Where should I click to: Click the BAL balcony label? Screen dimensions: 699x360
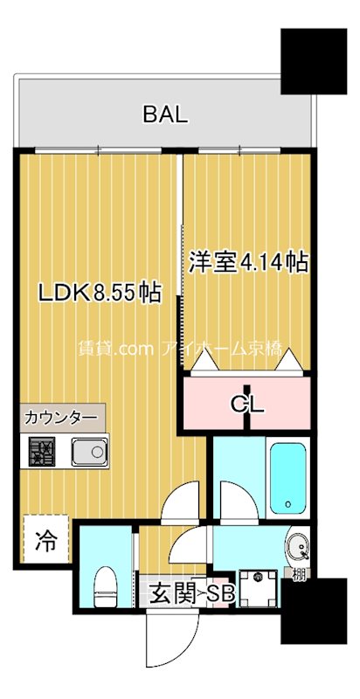[x=165, y=114]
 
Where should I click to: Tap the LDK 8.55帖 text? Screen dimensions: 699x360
[x=98, y=293]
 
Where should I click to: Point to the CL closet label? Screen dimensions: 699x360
[x=248, y=404]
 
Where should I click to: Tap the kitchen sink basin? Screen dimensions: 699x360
[x=88, y=452]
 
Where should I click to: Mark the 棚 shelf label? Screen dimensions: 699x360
[x=300, y=573]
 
